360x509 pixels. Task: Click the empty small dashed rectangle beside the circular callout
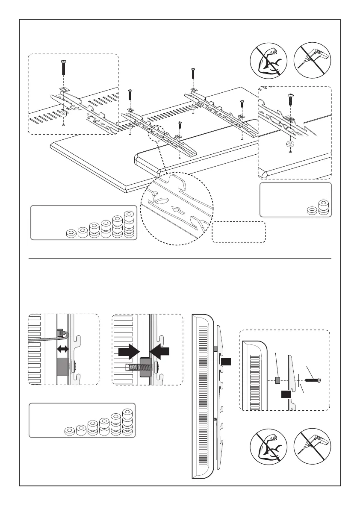click(239, 232)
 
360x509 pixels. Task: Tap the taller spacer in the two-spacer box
click(323, 208)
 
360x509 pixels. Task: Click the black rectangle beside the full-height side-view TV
click(226, 362)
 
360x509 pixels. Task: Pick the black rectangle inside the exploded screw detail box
click(286, 394)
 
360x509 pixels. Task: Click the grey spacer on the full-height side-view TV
click(215, 349)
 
